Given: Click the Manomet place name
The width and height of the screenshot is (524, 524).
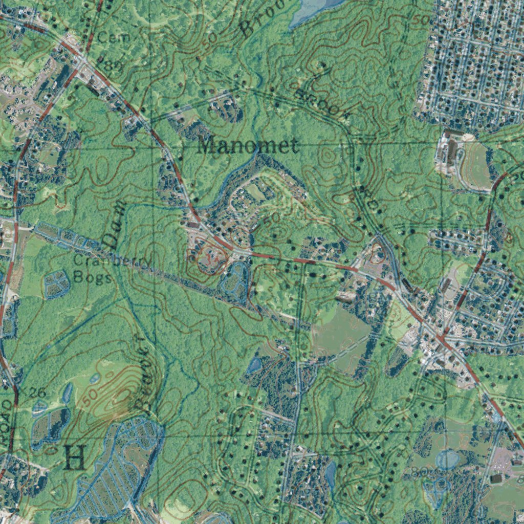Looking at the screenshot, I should [x=248, y=146].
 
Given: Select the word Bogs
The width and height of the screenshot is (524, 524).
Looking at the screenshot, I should [x=92, y=277].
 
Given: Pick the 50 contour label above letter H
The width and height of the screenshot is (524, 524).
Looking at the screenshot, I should [x=88, y=396].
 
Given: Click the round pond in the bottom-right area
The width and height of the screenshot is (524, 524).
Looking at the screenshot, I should [x=447, y=459].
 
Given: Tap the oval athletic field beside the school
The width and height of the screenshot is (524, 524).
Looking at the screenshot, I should [x=476, y=165].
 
